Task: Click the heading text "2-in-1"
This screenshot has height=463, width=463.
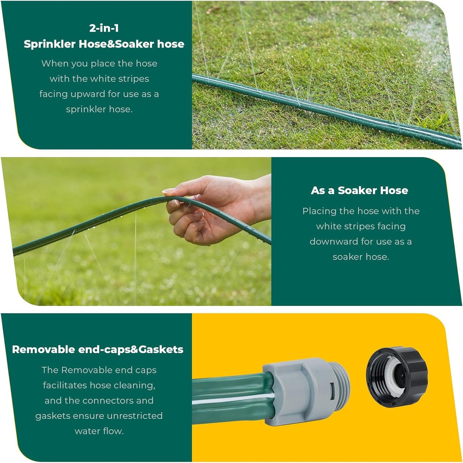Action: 104,28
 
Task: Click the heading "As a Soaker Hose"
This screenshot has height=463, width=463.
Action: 359,191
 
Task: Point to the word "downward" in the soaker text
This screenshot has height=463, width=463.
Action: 333,242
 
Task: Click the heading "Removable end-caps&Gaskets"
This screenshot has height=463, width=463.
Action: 97,349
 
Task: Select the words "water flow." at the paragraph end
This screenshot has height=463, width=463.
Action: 99,431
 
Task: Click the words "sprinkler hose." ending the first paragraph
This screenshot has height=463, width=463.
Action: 99,109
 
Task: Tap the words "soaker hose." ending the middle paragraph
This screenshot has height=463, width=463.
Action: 360,257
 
